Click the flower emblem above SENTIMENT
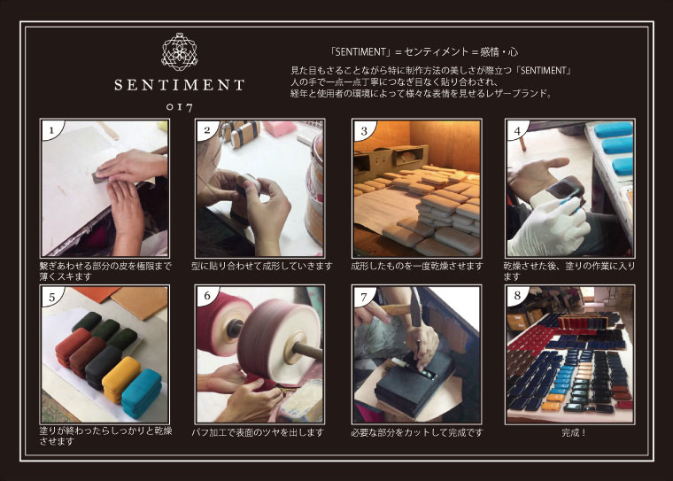[x=180, y=51]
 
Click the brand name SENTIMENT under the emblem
[x=180, y=85]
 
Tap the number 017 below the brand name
[x=180, y=107]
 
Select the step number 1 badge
[x=51, y=129]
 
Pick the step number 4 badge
[x=517, y=129]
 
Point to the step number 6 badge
[x=207, y=296]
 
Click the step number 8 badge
[x=517, y=296]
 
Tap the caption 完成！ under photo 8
[x=574, y=432]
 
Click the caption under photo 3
[x=417, y=266]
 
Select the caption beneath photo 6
[x=258, y=432]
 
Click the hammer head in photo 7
[x=415, y=307]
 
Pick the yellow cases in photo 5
[x=121, y=379]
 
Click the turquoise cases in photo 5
[x=142, y=393]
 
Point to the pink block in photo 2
[x=280, y=128]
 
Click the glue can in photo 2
[x=314, y=189]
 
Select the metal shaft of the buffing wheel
[x=307, y=351]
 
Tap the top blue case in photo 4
[x=614, y=129]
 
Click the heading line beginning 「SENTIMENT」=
[x=423, y=52]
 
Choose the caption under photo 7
[x=417, y=432]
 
